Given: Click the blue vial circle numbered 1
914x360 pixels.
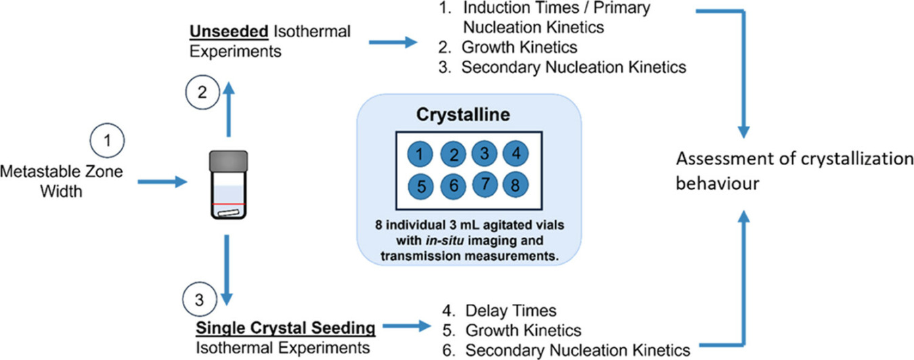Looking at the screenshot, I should (x=420, y=154).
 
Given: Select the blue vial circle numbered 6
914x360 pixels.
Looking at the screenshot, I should (x=453, y=185).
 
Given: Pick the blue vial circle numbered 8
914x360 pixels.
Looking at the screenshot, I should (x=516, y=183).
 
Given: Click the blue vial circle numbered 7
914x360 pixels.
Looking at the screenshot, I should (x=484, y=183).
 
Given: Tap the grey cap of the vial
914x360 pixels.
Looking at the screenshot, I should (x=227, y=160).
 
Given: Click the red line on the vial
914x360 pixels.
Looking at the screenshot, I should (x=227, y=202).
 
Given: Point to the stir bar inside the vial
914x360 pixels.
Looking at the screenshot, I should (x=227, y=212).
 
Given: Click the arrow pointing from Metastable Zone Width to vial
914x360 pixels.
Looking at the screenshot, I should (x=162, y=182).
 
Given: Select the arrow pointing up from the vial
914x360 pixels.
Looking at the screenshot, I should (x=228, y=112).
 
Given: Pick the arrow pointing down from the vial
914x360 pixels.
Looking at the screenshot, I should (x=227, y=271).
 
